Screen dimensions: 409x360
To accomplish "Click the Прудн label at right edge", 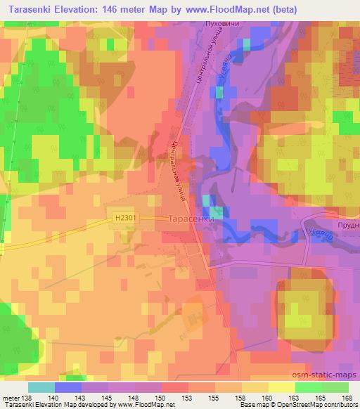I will point(349,225).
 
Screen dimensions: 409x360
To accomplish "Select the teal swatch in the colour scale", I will point(41,387).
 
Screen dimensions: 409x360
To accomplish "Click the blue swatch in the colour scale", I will point(68,387).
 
